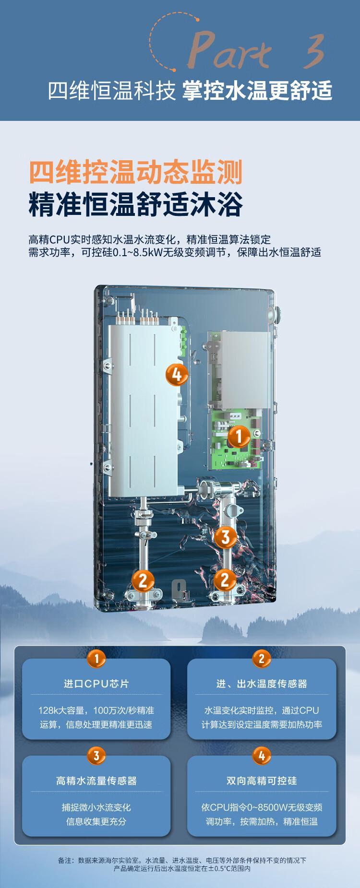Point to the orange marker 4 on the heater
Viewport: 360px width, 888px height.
tap(177, 374)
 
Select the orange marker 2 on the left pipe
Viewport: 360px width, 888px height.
tap(143, 581)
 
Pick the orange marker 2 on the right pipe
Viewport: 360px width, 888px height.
tap(225, 580)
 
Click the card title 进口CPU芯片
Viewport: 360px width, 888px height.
tap(96, 684)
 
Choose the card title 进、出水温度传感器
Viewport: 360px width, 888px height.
tap(262, 684)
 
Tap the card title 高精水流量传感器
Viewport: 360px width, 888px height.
tap(96, 781)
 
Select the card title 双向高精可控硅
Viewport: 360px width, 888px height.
tap(262, 781)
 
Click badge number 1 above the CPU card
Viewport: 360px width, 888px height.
tap(96, 659)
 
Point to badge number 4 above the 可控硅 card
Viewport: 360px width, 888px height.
tap(262, 757)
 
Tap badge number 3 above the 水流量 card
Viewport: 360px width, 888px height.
tap(96, 757)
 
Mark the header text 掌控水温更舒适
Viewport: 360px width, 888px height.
tap(257, 91)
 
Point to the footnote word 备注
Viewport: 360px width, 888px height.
tap(65, 860)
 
